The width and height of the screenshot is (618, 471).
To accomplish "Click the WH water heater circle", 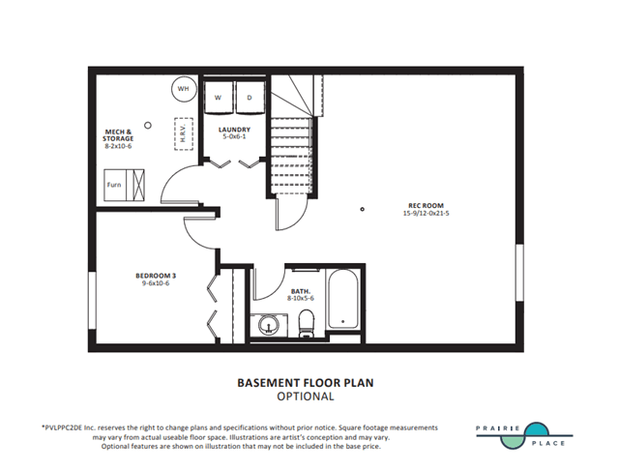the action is click(x=184, y=89).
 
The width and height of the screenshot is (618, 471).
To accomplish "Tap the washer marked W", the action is click(x=219, y=98).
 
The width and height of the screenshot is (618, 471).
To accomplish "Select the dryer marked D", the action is click(x=250, y=98).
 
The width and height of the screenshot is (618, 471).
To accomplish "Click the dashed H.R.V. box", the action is click(x=183, y=134).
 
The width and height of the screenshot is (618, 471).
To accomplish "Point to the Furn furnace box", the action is click(x=124, y=185).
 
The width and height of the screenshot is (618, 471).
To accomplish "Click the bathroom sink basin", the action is click(x=269, y=326).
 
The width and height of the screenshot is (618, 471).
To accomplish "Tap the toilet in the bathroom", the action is click(x=307, y=324).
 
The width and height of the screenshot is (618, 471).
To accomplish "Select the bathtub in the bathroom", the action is click(x=343, y=299).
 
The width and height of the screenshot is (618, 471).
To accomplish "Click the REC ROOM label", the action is click(x=426, y=205).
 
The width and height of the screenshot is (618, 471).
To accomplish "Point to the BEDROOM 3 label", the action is click(x=156, y=276).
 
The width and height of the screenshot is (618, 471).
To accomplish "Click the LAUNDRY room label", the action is click(x=234, y=130).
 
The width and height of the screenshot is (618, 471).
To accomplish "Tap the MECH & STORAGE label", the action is click(x=118, y=135).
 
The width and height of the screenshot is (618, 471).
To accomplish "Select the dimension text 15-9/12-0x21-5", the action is click(x=426, y=213).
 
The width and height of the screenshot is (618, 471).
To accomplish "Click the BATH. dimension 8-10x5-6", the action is click(x=301, y=299).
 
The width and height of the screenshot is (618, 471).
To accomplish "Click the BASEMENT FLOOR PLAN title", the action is click(x=306, y=383).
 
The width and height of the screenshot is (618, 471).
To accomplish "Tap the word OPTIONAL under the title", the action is click(x=306, y=397).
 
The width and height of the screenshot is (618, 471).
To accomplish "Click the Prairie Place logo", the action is click(x=524, y=435).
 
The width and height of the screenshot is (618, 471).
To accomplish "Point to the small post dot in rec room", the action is click(x=363, y=209).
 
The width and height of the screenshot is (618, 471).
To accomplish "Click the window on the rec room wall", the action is click(x=520, y=273).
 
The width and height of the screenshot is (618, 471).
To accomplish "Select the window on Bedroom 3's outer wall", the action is click(x=92, y=300).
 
